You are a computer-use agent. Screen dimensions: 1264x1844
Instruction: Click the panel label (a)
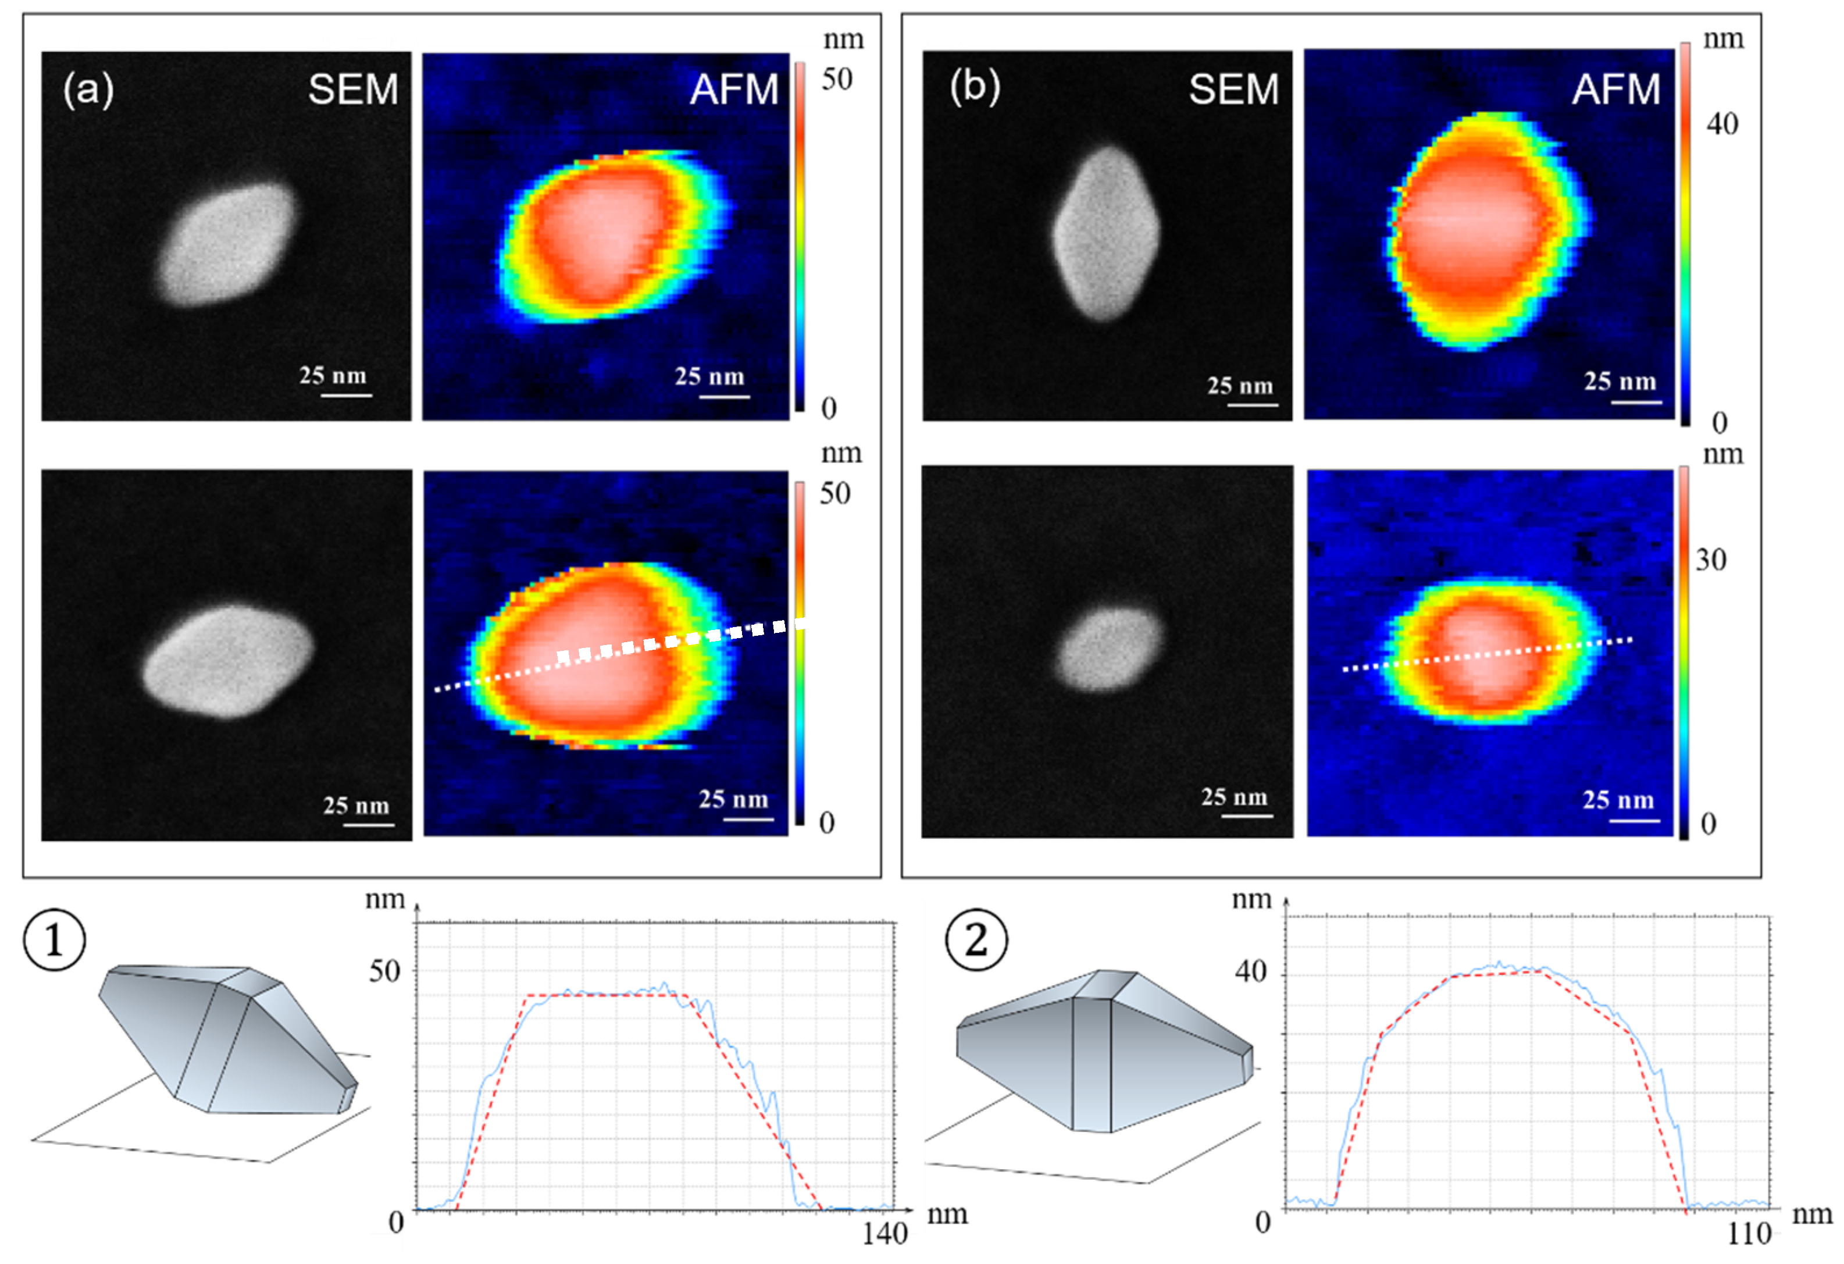[88, 89]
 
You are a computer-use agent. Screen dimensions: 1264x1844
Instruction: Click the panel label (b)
[975, 87]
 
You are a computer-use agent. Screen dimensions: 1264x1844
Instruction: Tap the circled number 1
[54, 940]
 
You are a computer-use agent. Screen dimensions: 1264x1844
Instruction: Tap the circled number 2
[976, 940]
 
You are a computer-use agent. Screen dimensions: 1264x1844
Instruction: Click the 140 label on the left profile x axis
[884, 1234]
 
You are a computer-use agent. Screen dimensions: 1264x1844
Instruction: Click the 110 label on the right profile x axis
[1749, 1234]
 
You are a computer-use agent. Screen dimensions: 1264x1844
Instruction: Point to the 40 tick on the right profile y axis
[1251, 972]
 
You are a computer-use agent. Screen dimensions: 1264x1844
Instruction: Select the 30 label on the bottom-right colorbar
[1711, 560]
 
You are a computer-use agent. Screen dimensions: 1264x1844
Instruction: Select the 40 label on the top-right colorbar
[1722, 124]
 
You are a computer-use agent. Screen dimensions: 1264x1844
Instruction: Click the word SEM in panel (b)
[1234, 89]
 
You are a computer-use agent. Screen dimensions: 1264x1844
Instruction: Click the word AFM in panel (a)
[734, 89]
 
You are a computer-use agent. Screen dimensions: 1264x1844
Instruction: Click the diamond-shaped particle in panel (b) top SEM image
[1106, 234]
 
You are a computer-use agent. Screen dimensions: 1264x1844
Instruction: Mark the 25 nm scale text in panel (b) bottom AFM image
[1618, 800]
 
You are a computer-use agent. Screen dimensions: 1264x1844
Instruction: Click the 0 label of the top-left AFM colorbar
[828, 409]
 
